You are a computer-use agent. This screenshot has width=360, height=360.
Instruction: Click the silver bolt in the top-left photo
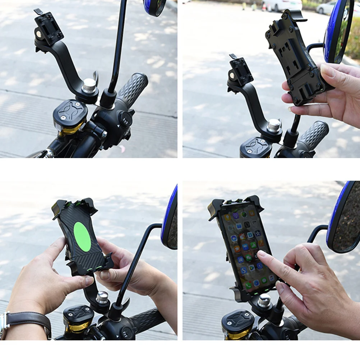[89, 86]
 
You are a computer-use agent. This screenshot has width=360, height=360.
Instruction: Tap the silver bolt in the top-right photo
[274, 125]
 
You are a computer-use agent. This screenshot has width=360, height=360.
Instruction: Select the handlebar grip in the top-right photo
[313, 135]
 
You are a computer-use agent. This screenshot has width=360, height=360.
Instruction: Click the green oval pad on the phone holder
[82, 237]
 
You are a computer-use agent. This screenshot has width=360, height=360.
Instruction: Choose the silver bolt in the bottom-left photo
[102, 298]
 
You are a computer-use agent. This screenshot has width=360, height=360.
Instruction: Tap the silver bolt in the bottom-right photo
[264, 300]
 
